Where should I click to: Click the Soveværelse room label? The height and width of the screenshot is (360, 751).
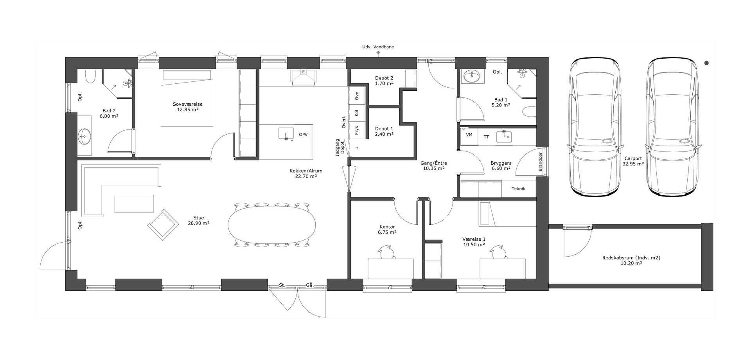pyautogui.click(x=187, y=104)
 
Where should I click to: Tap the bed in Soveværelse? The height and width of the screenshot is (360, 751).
pyautogui.click(x=187, y=98)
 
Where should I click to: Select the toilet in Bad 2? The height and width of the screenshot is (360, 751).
pyautogui.click(x=90, y=76)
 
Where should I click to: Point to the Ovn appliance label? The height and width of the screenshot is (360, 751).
pyautogui.click(x=357, y=96)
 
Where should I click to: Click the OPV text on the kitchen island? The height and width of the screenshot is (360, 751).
pyautogui.click(x=303, y=135)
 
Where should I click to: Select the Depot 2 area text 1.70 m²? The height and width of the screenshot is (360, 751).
pyautogui.click(x=384, y=83)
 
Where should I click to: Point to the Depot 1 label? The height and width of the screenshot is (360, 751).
pyautogui.click(x=384, y=129)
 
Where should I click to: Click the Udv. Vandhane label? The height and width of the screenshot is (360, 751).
pyautogui.click(x=378, y=47)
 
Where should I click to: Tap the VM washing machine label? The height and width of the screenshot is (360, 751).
pyautogui.click(x=469, y=135)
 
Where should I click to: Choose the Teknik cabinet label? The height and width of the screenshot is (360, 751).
pyautogui.click(x=518, y=189)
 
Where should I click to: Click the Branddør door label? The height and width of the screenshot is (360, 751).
pyautogui.click(x=541, y=162)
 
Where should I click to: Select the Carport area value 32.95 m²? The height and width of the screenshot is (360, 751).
pyautogui.click(x=633, y=164)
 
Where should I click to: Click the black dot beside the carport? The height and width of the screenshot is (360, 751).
pyautogui.click(x=706, y=63)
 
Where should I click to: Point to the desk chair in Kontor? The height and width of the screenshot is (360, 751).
pyautogui.click(x=386, y=252)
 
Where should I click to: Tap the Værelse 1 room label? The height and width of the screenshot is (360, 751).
pyautogui.click(x=474, y=239)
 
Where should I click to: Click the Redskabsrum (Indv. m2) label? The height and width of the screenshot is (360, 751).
pyautogui.click(x=631, y=258)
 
